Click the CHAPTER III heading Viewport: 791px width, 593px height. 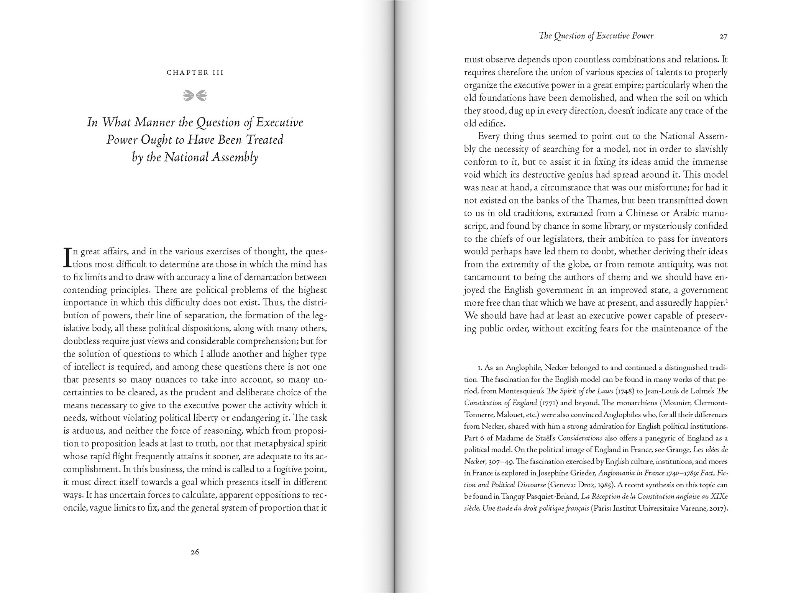point(195,72)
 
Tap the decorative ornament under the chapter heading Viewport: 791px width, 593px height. point(195,95)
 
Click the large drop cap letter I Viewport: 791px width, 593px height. point(67,257)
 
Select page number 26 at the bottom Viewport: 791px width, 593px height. point(195,552)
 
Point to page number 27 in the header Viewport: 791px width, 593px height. point(723,36)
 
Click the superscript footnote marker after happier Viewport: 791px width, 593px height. point(727,301)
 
